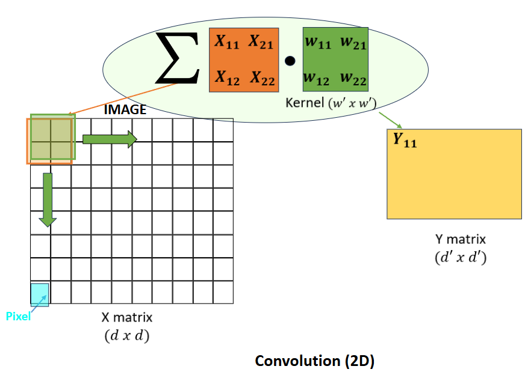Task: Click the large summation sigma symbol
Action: [178, 59]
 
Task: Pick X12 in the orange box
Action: [228, 78]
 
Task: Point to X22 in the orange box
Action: [262, 78]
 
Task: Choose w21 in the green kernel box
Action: [353, 43]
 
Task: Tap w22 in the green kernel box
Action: [353, 78]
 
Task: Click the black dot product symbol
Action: [290, 61]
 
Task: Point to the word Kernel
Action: [304, 103]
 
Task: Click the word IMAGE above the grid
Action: [125, 110]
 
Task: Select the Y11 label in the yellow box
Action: [405, 141]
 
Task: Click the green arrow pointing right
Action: [110, 139]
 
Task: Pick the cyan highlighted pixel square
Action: [40, 293]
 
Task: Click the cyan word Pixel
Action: [18, 317]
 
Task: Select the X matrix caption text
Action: [127, 317]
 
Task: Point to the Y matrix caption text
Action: [460, 239]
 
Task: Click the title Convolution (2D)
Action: [315, 361]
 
